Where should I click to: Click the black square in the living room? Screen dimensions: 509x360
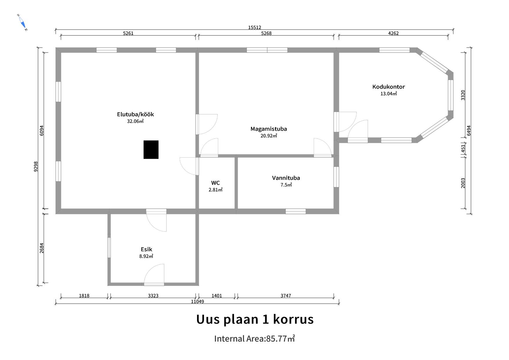pos(151,150)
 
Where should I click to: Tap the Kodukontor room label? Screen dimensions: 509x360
pos(389,87)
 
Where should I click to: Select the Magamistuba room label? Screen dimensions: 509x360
pos(269,129)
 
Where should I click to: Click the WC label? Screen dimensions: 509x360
pos(215,183)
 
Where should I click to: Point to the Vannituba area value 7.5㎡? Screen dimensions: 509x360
pos(286,185)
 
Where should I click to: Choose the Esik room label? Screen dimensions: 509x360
pos(146,249)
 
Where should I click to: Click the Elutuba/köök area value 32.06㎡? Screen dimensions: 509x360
pos(135,121)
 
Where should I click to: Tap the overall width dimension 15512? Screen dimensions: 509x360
pos(255,28)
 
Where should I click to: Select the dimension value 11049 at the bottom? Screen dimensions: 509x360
pos(197,302)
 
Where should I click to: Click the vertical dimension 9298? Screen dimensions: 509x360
pos(36,166)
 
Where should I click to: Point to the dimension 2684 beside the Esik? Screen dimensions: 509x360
pos(42,248)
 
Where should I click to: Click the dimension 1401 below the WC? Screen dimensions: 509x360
pos(216,296)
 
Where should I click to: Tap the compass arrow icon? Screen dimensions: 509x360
pos(22,22)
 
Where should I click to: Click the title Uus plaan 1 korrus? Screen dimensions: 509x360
pos(255,319)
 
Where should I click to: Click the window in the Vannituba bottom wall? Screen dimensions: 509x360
pos(295,211)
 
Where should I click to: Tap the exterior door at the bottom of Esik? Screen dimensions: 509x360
pos(154,284)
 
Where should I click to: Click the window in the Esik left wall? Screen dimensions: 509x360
pos(109,248)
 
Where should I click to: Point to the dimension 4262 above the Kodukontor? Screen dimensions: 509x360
pos(393,33)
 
